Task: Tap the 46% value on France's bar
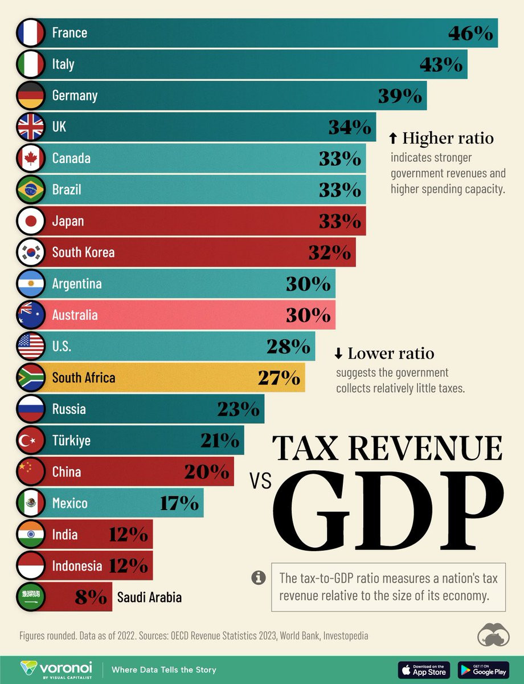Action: click(470, 34)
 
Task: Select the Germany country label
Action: click(75, 96)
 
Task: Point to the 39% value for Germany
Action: click(400, 96)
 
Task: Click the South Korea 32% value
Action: click(329, 253)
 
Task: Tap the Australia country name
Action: click(75, 315)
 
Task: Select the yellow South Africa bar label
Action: click(83, 378)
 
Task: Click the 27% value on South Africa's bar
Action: click(279, 378)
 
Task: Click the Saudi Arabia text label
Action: click(149, 597)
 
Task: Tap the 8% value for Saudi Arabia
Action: click(90, 597)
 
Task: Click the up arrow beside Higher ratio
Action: click(392, 138)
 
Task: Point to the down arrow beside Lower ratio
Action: click(338, 354)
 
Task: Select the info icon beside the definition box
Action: click(258, 577)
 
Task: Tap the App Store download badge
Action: click(424, 670)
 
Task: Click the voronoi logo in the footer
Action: click(57, 669)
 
